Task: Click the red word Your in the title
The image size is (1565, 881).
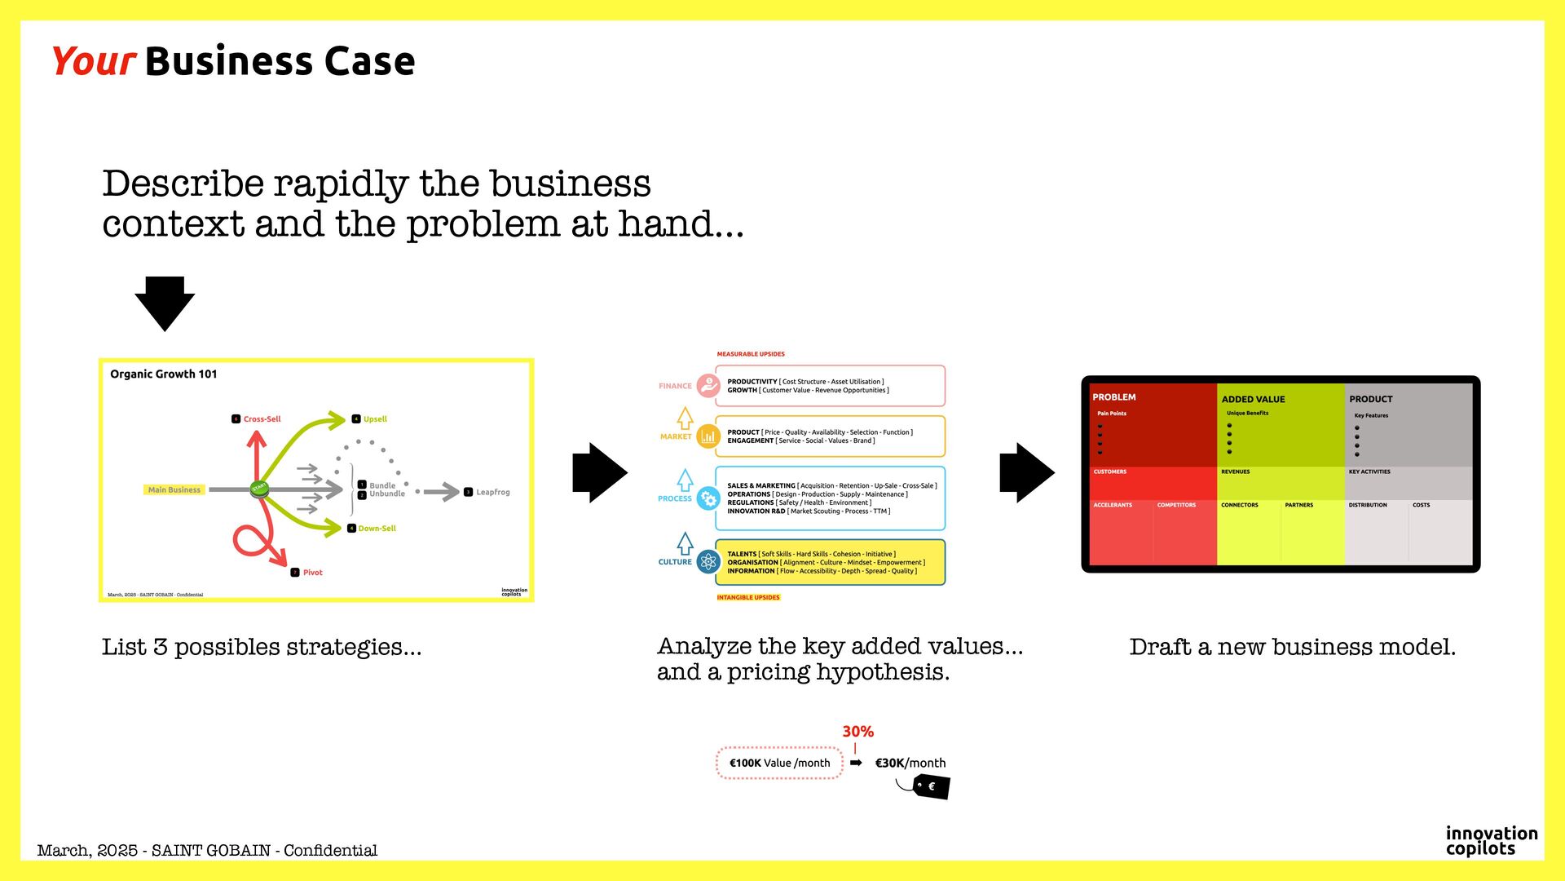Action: pos(93,62)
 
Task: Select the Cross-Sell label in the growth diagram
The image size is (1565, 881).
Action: pos(262,419)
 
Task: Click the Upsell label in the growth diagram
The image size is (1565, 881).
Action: pos(375,419)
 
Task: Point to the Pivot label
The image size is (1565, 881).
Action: pos(312,573)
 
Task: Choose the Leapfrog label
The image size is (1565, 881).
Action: pos(492,493)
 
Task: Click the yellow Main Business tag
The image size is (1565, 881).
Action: pos(174,490)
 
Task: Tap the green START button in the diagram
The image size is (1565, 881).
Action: pos(259,489)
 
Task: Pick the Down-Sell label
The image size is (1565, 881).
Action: pos(377,529)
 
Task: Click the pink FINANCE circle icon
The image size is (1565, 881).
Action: pos(708,386)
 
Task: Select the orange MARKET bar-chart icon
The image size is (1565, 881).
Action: pos(708,436)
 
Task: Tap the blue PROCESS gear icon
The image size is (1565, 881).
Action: pos(708,498)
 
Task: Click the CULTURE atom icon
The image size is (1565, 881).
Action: pos(708,561)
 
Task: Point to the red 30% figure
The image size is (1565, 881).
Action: pos(857,732)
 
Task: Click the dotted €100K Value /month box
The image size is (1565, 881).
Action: pos(779,764)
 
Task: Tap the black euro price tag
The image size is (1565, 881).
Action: pos(931,786)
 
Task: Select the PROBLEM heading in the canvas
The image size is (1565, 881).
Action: pos(1113,397)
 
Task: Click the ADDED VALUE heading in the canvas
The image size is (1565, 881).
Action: pos(1253,400)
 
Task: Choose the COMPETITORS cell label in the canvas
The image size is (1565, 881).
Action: pos(1176,505)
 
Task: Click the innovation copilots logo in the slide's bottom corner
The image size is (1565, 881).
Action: pos(1491,841)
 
